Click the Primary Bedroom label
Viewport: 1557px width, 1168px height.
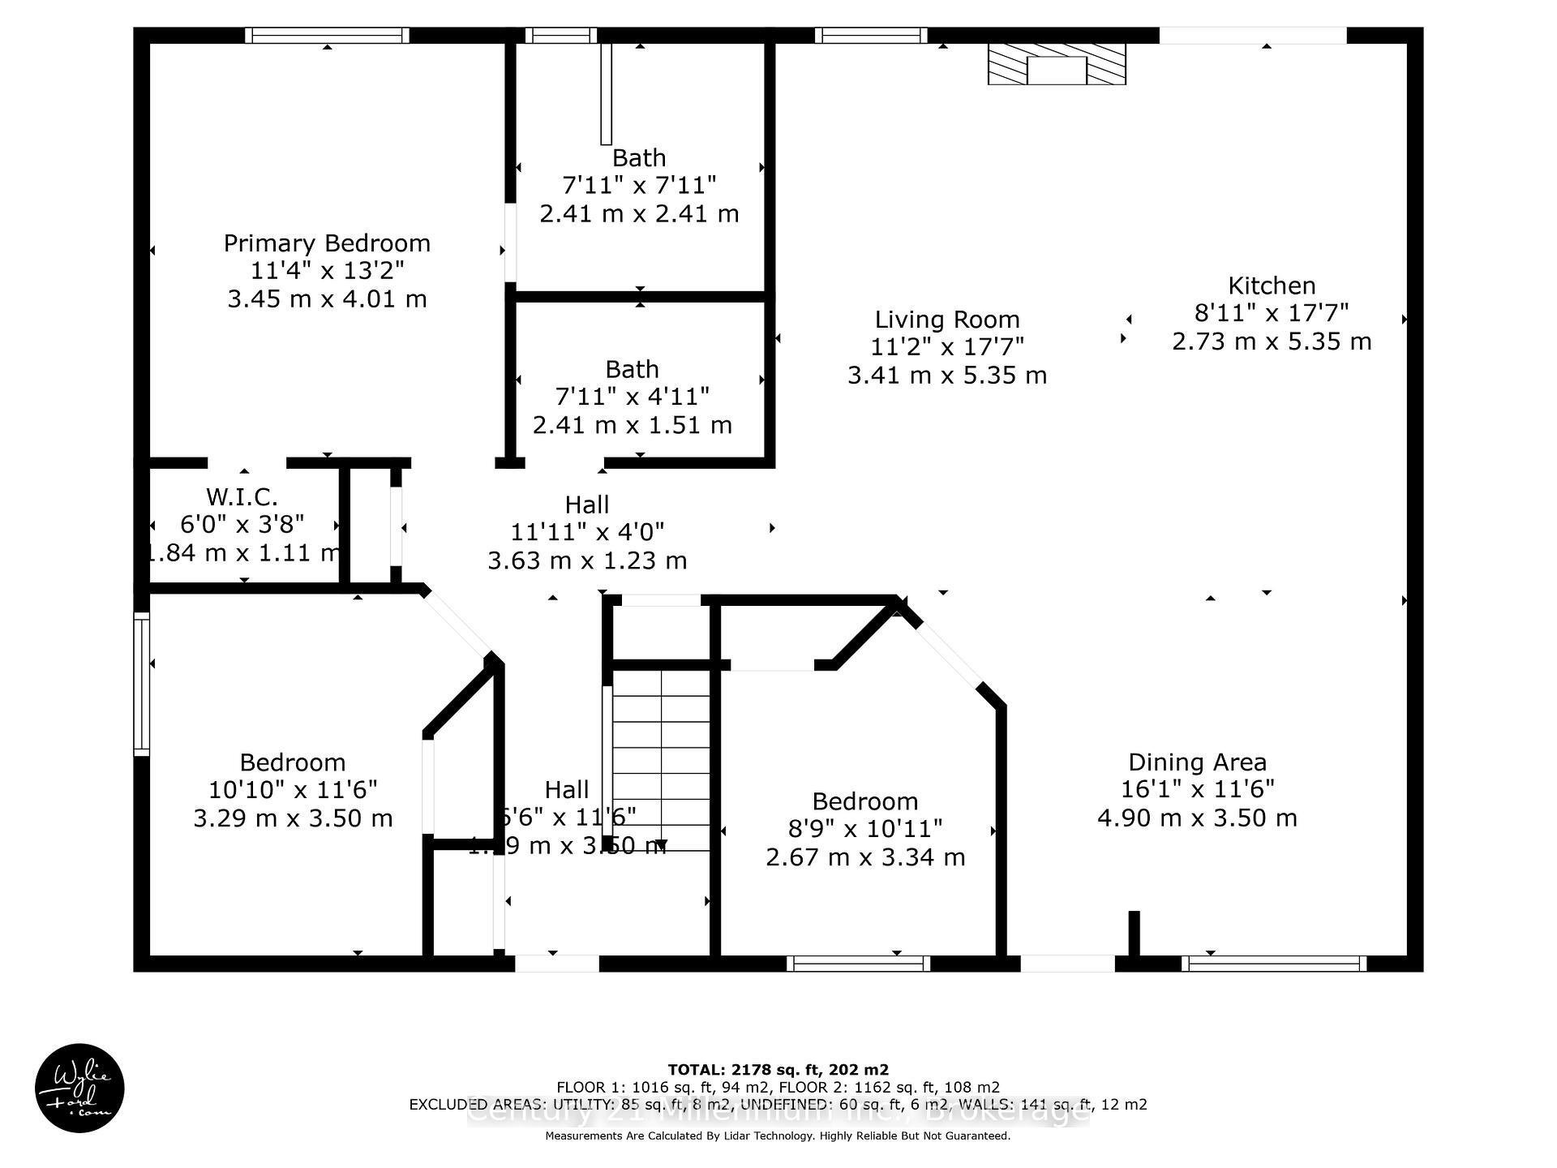[327, 243]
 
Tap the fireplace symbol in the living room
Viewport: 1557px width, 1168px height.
[1056, 64]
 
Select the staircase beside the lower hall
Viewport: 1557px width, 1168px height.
[661, 758]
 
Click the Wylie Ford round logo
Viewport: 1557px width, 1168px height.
[79, 1088]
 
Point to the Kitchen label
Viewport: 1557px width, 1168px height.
[1272, 286]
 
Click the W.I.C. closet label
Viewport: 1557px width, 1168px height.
[242, 496]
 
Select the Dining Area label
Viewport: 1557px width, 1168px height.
[1197, 762]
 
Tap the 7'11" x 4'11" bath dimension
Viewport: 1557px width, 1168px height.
[632, 397]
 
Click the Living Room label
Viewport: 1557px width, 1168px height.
[946, 320]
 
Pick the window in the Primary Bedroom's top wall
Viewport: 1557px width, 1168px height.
[327, 35]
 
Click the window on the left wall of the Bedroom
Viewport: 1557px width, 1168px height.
[142, 684]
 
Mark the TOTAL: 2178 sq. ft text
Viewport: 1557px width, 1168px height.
[778, 1070]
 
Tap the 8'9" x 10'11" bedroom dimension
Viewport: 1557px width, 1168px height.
[865, 829]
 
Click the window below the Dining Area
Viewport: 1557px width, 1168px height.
[1273, 964]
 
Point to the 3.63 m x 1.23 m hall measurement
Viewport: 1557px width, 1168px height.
[587, 560]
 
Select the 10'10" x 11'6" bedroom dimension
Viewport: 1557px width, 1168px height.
[293, 790]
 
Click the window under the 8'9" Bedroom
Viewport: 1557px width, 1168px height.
[858, 964]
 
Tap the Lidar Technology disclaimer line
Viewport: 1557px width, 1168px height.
[778, 1136]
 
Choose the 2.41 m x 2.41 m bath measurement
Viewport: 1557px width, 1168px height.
[639, 213]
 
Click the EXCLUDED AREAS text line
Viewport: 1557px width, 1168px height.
[778, 1105]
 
